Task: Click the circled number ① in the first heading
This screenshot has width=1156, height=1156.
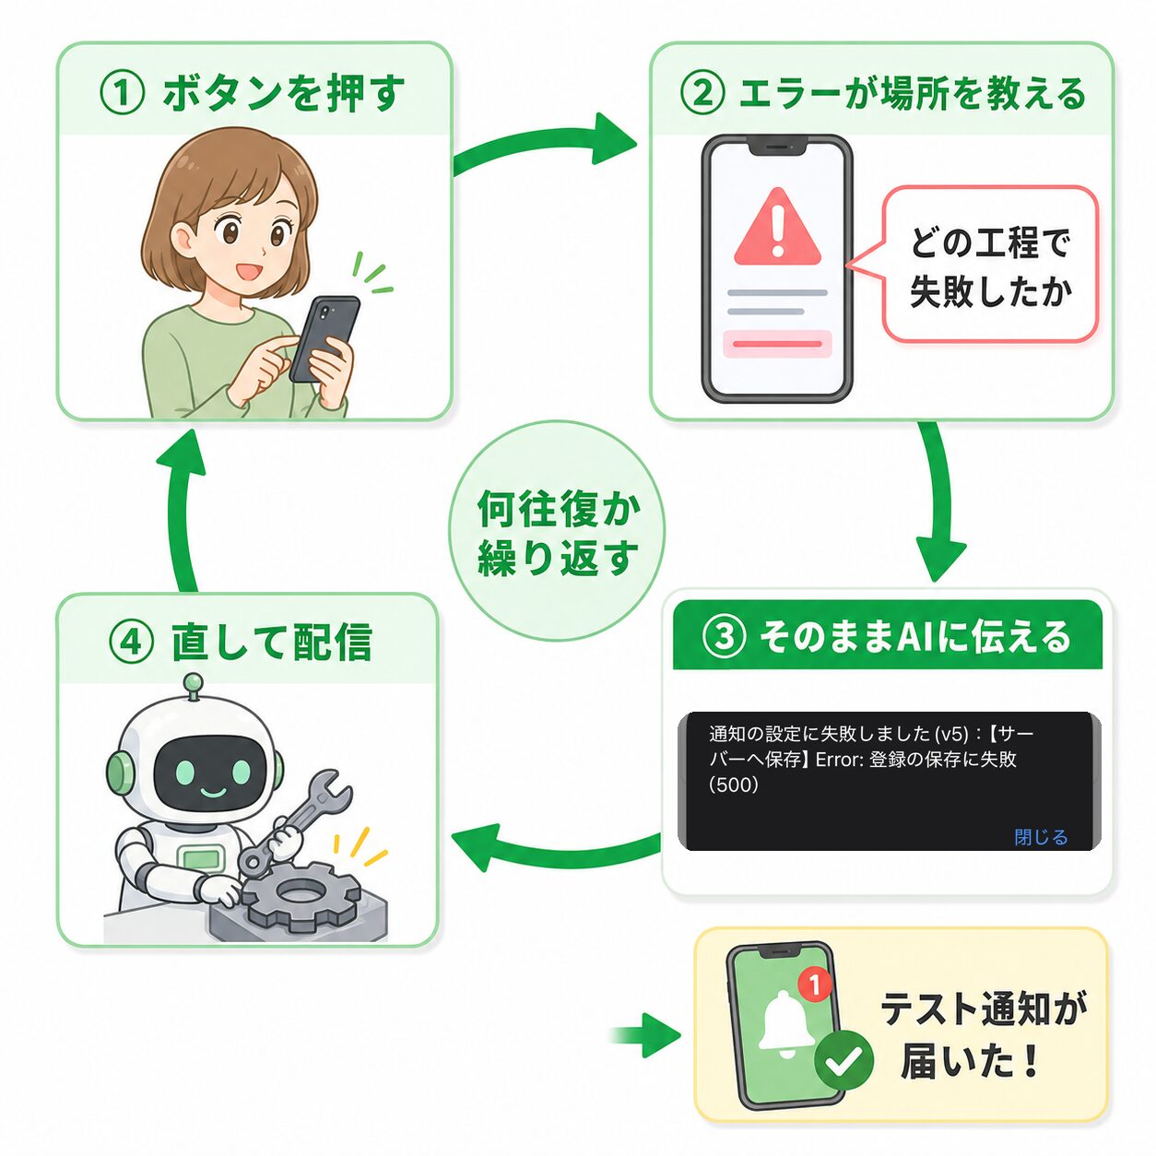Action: (x=122, y=94)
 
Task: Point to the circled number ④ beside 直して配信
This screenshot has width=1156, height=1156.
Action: (x=132, y=643)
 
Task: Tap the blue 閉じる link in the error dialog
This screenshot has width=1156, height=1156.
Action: (x=1041, y=837)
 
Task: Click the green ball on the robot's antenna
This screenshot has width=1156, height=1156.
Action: (x=194, y=682)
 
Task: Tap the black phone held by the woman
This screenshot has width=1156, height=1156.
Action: (x=324, y=339)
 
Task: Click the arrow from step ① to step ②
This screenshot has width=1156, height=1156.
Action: (x=543, y=146)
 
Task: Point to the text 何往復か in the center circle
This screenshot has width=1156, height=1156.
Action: (x=559, y=509)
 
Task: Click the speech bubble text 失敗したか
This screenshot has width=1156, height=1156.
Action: (x=990, y=292)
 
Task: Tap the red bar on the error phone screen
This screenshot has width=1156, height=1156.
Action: (x=777, y=344)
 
